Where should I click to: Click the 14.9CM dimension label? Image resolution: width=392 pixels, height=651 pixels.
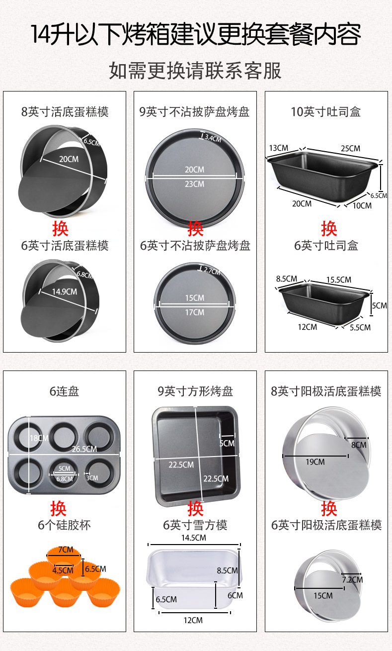click(65, 291)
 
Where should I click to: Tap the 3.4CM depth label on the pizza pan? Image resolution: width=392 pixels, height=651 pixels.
click(213, 138)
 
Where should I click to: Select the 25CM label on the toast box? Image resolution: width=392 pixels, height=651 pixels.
click(350, 149)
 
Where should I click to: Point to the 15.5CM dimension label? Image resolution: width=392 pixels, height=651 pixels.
click(338, 279)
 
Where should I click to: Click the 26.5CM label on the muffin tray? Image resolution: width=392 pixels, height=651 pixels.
click(84, 449)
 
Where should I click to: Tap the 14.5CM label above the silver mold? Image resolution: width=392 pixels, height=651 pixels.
click(194, 538)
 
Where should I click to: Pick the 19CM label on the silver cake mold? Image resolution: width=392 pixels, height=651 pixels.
click(315, 462)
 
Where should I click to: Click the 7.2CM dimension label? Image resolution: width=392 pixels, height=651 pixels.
click(352, 580)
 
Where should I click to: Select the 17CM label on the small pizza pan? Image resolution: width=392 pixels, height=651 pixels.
click(195, 312)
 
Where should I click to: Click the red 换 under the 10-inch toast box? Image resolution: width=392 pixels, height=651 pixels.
click(329, 228)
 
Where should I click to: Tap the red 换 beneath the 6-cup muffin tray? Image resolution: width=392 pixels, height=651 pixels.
click(58, 508)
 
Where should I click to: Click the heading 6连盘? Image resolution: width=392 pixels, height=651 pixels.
click(64, 391)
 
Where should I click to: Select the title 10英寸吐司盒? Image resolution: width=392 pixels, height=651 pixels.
click(326, 112)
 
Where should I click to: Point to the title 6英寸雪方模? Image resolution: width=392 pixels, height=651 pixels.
click(195, 525)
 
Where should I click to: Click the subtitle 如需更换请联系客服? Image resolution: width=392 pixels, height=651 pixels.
click(195, 71)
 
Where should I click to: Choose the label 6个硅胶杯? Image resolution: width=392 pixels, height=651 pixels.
click(64, 525)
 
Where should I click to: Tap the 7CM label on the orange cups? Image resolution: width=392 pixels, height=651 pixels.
click(66, 550)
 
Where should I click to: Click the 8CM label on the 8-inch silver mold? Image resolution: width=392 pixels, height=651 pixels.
click(359, 445)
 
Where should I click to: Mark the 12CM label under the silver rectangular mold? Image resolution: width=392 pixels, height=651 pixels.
click(193, 621)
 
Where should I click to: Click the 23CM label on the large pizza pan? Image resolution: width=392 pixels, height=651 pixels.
click(195, 184)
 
